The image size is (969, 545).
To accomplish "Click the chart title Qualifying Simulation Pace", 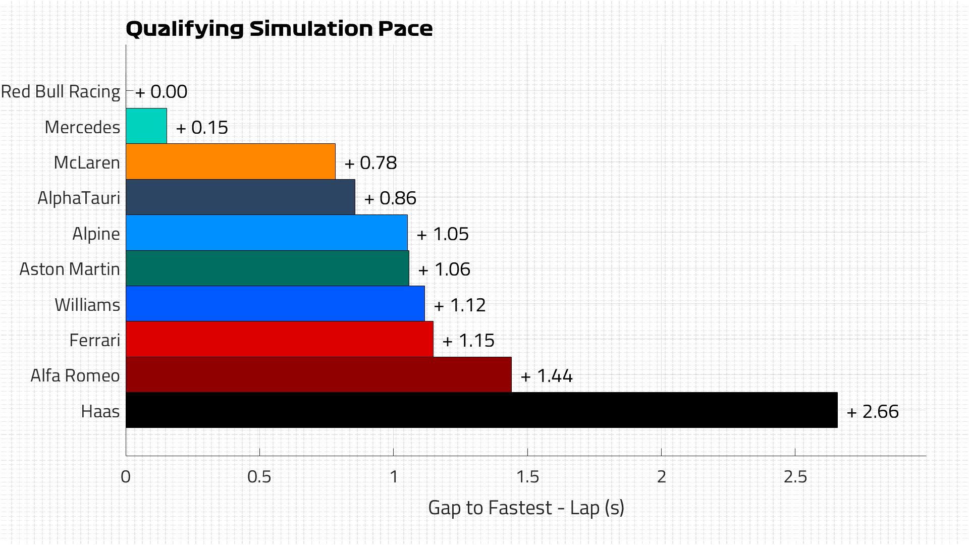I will click(x=279, y=29).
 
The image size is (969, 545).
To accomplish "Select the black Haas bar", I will click(x=481, y=410).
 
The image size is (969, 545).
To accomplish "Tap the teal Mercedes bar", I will click(x=146, y=126).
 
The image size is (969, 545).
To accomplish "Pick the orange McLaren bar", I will click(x=230, y=161).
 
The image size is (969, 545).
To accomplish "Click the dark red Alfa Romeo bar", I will click(x=318, y=375).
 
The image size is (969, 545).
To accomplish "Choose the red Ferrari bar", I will click(x=279, y=339).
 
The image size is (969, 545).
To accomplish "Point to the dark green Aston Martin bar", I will click(x=267, y=268).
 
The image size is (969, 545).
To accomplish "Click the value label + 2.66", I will click(x=873, y=412).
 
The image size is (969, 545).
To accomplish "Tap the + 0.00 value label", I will click(x=161, y=92).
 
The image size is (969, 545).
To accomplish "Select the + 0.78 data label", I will click(x=370, y=163).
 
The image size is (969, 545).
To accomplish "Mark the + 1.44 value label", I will click(x=547, y=376).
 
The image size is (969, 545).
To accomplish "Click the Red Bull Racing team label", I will click(x=61, y=92).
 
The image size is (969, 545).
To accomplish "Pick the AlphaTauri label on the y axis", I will click(x=79, y=198).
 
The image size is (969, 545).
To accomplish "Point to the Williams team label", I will click(x=87, y=305).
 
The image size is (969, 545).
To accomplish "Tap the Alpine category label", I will click(x=96, y=234).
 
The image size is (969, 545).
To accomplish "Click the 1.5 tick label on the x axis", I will click(x=527, y=477).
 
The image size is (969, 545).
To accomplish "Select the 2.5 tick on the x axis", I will click(x=795, y=477).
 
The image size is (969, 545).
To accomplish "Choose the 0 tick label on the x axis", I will click(x=126, y=477).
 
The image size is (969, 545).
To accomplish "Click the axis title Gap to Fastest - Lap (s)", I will click(x=526, y=508).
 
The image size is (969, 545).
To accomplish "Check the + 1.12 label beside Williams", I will click(x=459, y=305).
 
